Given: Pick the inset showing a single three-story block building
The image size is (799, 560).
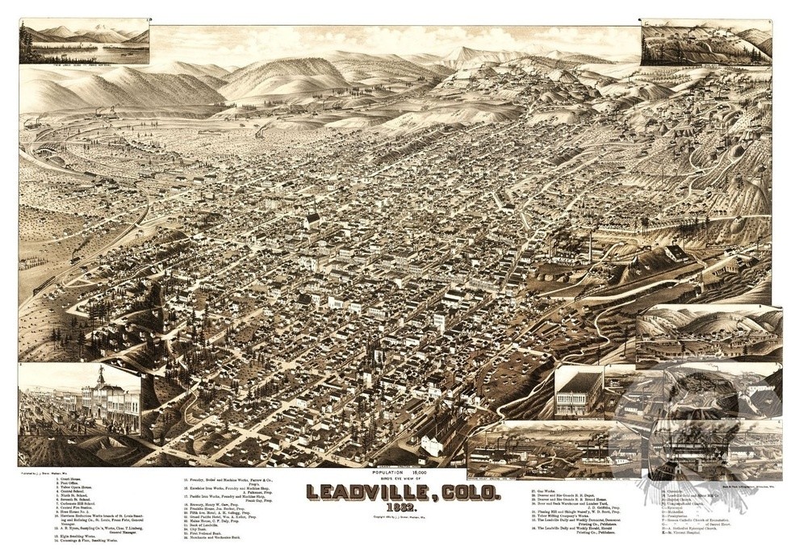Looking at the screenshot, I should pos(579,392).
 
